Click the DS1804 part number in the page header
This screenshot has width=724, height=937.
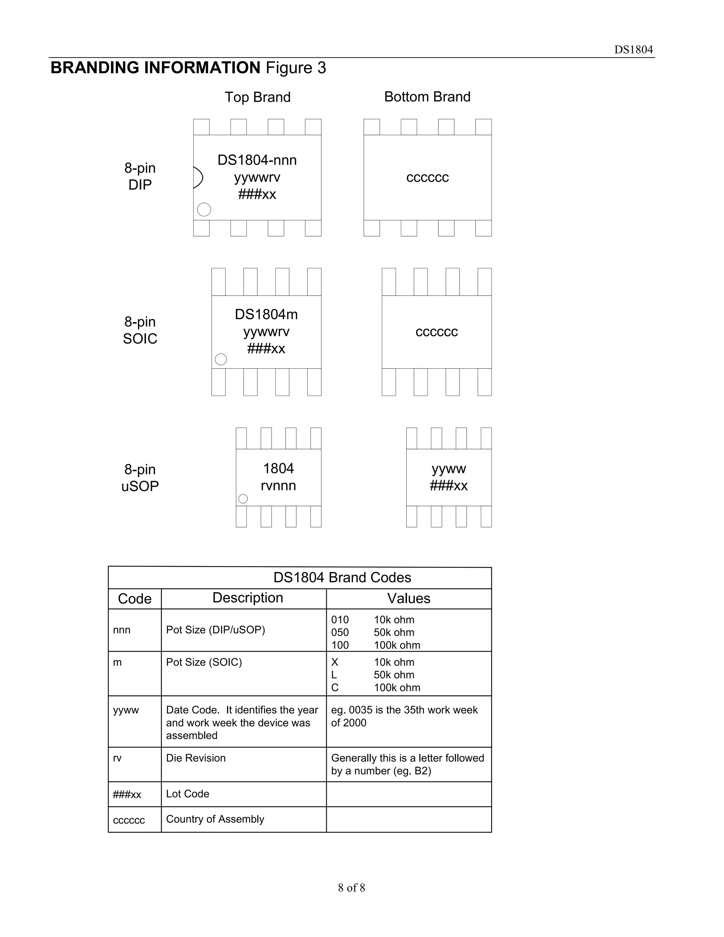pyautogui.click(x=633, y=50)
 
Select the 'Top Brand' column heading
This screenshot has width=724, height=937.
pyautogui.click(x=257, y=97)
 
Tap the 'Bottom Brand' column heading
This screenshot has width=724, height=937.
pyautogui.click(x=427, y=97)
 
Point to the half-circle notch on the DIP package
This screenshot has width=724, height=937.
pyautogui.click(x=198, y=177)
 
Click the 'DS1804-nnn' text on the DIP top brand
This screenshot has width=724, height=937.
pyautogui.click(x=257, y=160)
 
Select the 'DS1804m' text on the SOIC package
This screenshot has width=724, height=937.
pyautogui.click(x=266, y=314)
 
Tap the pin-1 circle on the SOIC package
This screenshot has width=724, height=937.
pyautogui.click(x=221, y=359)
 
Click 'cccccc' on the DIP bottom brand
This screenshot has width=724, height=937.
pyautogui.click(x=427, y=177)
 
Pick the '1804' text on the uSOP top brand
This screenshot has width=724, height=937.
pyautogui.click(x=278, y=468)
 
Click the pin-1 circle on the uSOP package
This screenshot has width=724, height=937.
pyautogui.click(x=243, y=499)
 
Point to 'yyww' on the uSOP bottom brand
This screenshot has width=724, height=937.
pyautogui.click(x=449, y=468)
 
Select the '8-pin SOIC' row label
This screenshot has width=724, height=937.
pyautogui.click(x=140, y=330)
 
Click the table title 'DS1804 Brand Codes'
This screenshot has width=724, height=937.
pyautogui.click(x=342, y=577)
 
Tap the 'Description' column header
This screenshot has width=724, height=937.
pyautogui.click(x=247, y=598)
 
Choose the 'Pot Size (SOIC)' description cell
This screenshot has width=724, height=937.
pyautogui.click(x=204, y=662)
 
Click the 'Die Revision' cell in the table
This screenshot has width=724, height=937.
pyautogui.click(x=195, y=758)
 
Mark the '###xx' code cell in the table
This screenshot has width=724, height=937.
pyautogui.click(x=127, y=794)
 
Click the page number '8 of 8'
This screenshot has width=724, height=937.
pyautogui.click(x=351, y=887)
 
